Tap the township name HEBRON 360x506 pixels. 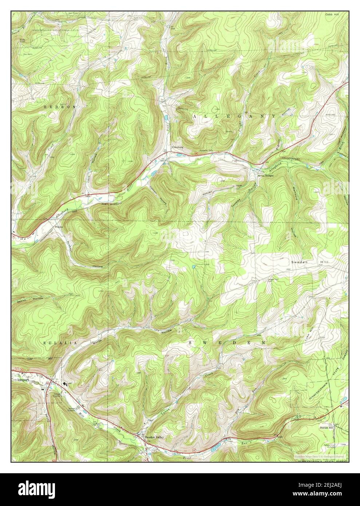[x=60, y=107]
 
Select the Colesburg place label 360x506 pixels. [x=177, y=147]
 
